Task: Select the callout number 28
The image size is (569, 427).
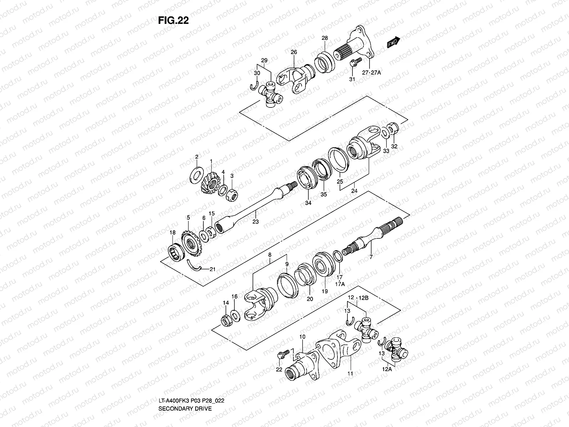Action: pos(325,38)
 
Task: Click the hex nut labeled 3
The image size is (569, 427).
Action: pos(232,194)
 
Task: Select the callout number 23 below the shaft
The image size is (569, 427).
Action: pos(255,222)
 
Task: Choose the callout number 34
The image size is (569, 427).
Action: pos(308,203)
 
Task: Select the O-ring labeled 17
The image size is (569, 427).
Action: pos(337,256)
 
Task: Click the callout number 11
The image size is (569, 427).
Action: pos(350,374)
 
